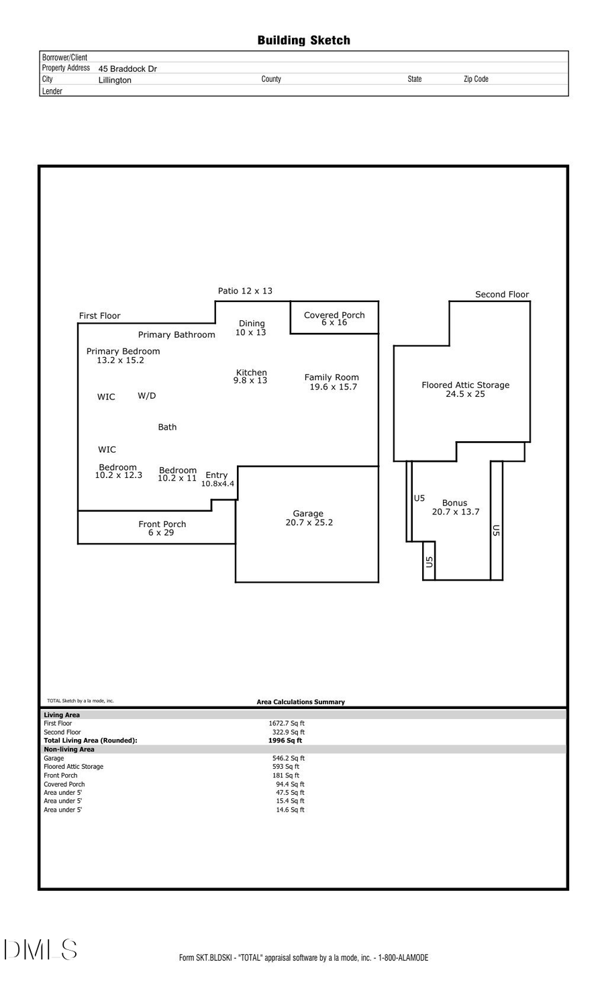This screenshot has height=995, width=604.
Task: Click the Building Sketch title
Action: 303,40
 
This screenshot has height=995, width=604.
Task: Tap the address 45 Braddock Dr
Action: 128,68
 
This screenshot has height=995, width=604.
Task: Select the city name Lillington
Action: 115,80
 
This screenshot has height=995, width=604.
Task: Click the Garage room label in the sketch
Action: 308,514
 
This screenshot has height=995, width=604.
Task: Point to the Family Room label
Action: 332,377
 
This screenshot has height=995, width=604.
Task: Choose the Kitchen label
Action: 251,373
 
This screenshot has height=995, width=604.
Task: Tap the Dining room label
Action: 252,324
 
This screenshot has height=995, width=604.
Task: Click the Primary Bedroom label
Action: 123,351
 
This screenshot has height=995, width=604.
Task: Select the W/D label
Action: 147,395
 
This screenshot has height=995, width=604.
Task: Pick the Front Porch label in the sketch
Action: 162,524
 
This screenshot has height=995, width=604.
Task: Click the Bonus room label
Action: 454,503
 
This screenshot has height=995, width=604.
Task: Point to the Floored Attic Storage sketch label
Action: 465,385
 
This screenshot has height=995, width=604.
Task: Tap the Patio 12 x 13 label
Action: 245,291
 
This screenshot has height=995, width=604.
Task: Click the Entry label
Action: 216,475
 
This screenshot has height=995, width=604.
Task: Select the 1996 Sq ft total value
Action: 285,741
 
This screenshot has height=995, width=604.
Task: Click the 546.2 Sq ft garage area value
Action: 289,758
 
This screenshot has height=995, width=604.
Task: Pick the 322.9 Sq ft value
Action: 288,732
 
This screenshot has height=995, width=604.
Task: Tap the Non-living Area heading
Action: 69,749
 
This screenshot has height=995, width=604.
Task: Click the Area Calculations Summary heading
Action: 301,702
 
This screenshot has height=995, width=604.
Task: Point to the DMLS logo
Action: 40,949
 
